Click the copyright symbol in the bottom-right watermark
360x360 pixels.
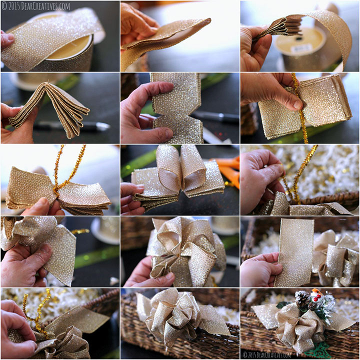[x=245, y=354]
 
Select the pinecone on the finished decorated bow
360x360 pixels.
[x=302, y=299]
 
